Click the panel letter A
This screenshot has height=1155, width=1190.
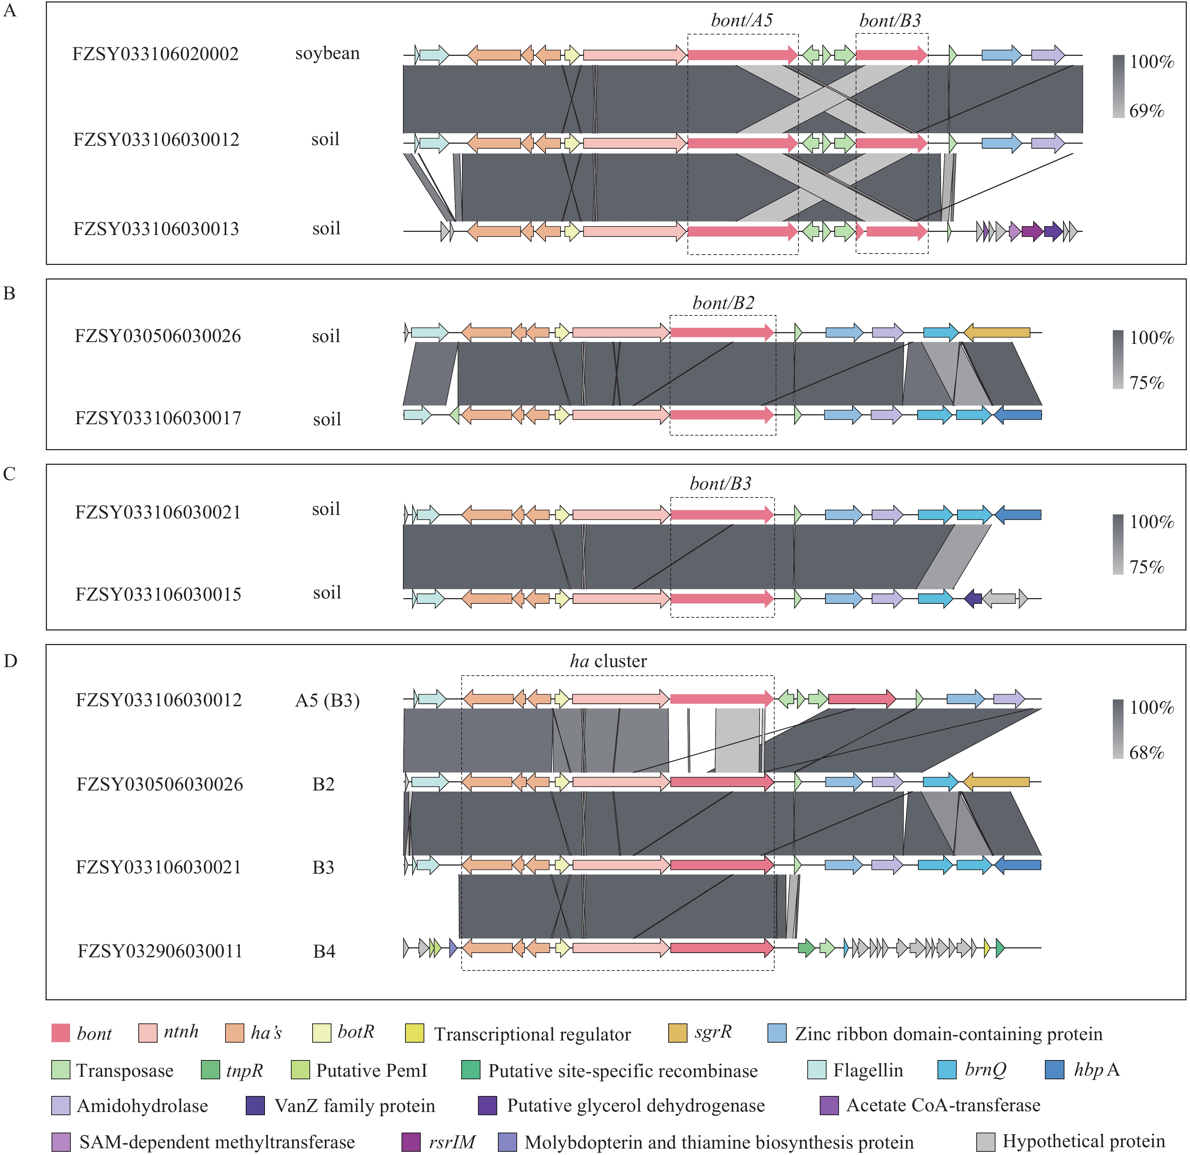click(x=10, y=11)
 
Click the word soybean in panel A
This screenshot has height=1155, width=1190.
click(x=327, y=54)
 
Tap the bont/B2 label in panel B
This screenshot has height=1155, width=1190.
click(x=723, y=303)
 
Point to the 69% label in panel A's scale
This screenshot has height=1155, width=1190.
click(x=1146, y=111)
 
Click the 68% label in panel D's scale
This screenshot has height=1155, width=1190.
click(x=1146, y=753)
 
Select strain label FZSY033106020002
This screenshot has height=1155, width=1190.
click(x=155, y=54)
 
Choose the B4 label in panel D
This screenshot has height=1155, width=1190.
click(x=324, y=951)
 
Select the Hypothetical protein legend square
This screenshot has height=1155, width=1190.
click(x=986, y=1141)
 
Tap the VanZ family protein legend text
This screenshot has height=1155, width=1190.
click(x=355, y=1106)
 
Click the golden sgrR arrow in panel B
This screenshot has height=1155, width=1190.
click(x=997, y=332)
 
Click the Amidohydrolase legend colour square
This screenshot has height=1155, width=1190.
click(x=61, y=1106)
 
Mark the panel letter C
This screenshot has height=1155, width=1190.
click(x=9, y=474)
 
